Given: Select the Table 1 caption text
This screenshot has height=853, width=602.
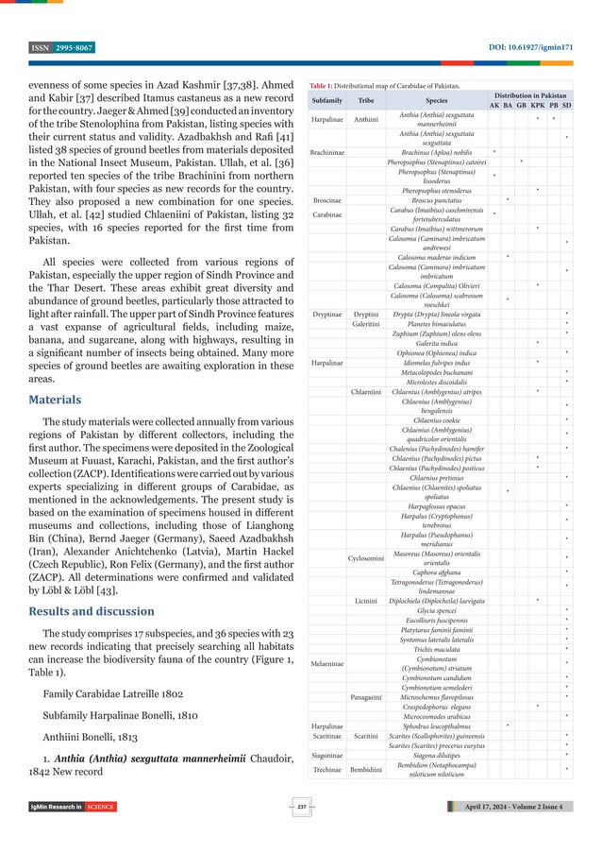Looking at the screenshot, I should pos(381,85).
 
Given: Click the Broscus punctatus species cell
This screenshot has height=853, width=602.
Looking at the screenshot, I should pos(436,199).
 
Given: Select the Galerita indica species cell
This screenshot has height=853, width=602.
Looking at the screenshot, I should pos(436,342).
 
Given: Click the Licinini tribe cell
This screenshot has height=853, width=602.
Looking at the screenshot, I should pos(365,600).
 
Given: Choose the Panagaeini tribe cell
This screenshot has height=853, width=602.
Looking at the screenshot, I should pos(365,695).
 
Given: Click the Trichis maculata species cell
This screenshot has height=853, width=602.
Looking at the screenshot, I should pos(436,648).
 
